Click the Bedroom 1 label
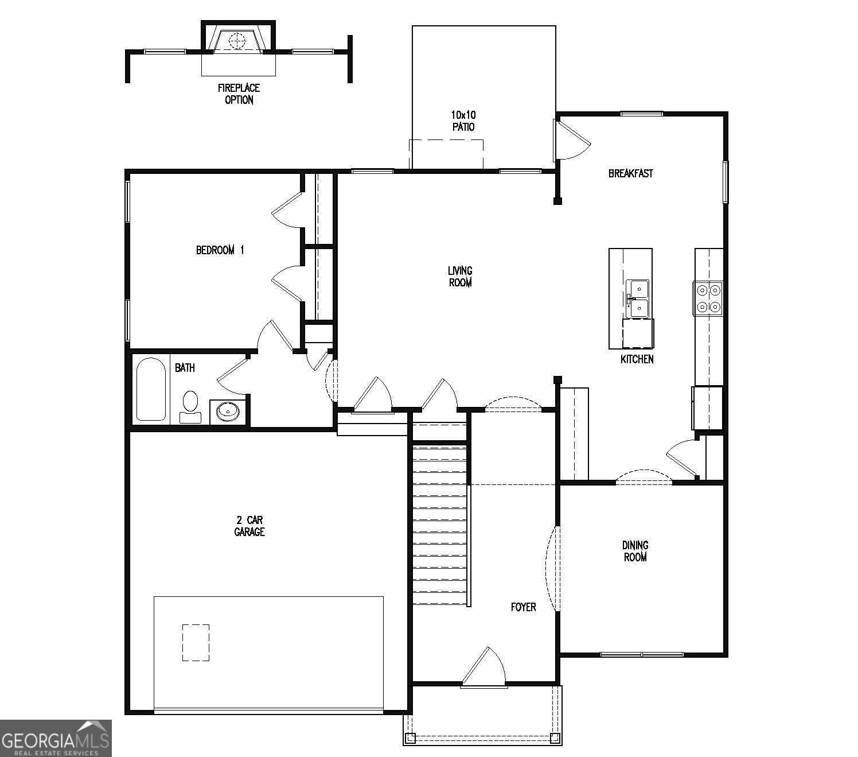click(x=220, y=250)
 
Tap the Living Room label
click(x=460, y=276)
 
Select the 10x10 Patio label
click(x=463, y=121)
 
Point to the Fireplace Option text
click(x=239, y=94)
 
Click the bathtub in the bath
click(x=151, y=389)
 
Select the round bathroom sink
click(x=228, y=411)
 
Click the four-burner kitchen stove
click(x=708, y=298)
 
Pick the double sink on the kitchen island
click(x=637, y=298)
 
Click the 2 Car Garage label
click(x=249, y=526)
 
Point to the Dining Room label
click(x=635, y=551)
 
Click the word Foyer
click(x=523, y=607)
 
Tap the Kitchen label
click(x=637, y=359)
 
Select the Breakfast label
click(x=630, y=173)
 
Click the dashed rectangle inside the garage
click(x=196, y=643)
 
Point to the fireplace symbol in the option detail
click(x=237, y=40)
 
